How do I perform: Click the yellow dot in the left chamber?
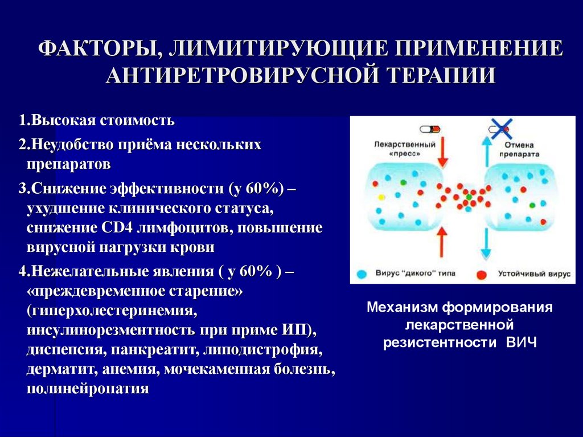[x=381, y=197]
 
